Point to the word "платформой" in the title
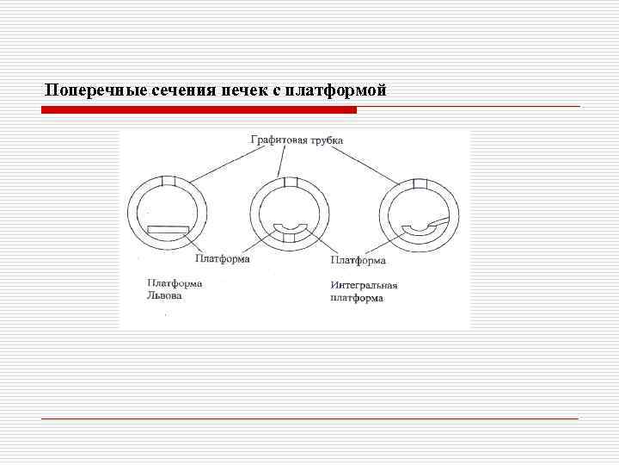click(x=336, y=90)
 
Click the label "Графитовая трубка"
click(x=297, y=139)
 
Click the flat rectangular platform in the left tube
click(x=167, y=228)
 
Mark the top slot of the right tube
click(x=420, y=183)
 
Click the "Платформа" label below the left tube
click(x=222, y=258)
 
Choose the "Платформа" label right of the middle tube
click(x=358, y=259)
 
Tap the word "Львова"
click(x=164, y=295)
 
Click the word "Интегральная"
click(x=364, y=285)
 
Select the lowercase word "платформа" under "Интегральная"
click(x=357, y=298)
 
